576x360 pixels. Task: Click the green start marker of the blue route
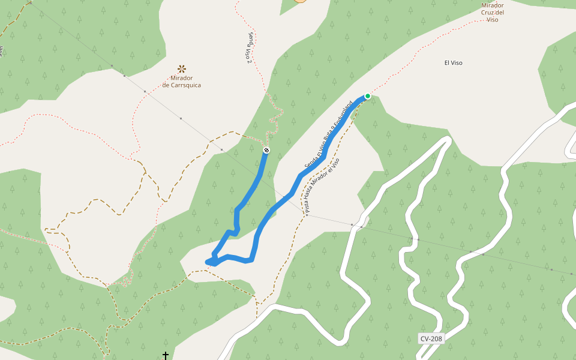[368, 96]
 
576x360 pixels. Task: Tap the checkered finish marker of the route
[266, 150]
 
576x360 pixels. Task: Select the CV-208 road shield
[431, 338]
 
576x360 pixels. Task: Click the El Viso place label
[453, 62]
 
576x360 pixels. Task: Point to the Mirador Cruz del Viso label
[493, 12]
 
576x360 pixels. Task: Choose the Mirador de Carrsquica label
[181, 82]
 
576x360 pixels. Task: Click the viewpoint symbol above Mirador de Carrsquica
[181, 69]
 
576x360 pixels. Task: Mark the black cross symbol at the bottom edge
[166, 356]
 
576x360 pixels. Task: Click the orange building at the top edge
[300, 1]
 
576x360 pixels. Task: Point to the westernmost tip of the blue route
[207, 262]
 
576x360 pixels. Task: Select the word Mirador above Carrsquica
[181, 78]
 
